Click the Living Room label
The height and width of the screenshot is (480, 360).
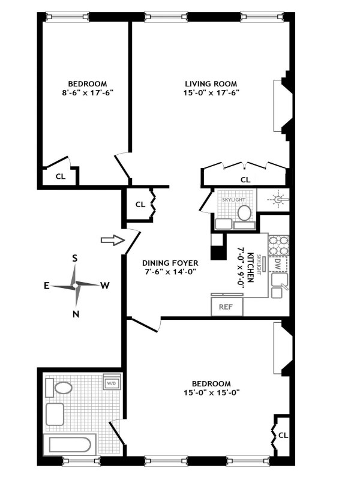pos(211,83)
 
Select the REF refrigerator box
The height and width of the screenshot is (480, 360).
pos(226,307)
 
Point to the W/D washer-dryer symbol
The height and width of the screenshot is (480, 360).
pos(112,383)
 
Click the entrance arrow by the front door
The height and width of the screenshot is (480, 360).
pos(109,240)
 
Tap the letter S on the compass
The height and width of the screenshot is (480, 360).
pos(75,259)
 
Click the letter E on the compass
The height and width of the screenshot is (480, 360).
pos(47,286)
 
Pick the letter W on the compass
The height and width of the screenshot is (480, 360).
pos(104,286)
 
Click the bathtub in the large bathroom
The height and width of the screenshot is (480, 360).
pos(70,445)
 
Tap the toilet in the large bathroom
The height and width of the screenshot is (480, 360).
pos(63,388)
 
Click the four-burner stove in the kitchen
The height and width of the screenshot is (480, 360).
pos(278,244)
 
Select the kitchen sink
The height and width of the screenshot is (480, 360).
pos(279,280)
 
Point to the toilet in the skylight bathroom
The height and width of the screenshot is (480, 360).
pos(244,212)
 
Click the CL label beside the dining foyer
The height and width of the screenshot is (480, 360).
pos(140,205)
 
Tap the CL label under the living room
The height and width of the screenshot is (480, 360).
pos(245,179)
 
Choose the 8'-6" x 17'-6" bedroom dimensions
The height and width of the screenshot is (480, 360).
pos(87,93)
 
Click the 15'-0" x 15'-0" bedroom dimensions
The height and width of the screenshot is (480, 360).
pos(211,393)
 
